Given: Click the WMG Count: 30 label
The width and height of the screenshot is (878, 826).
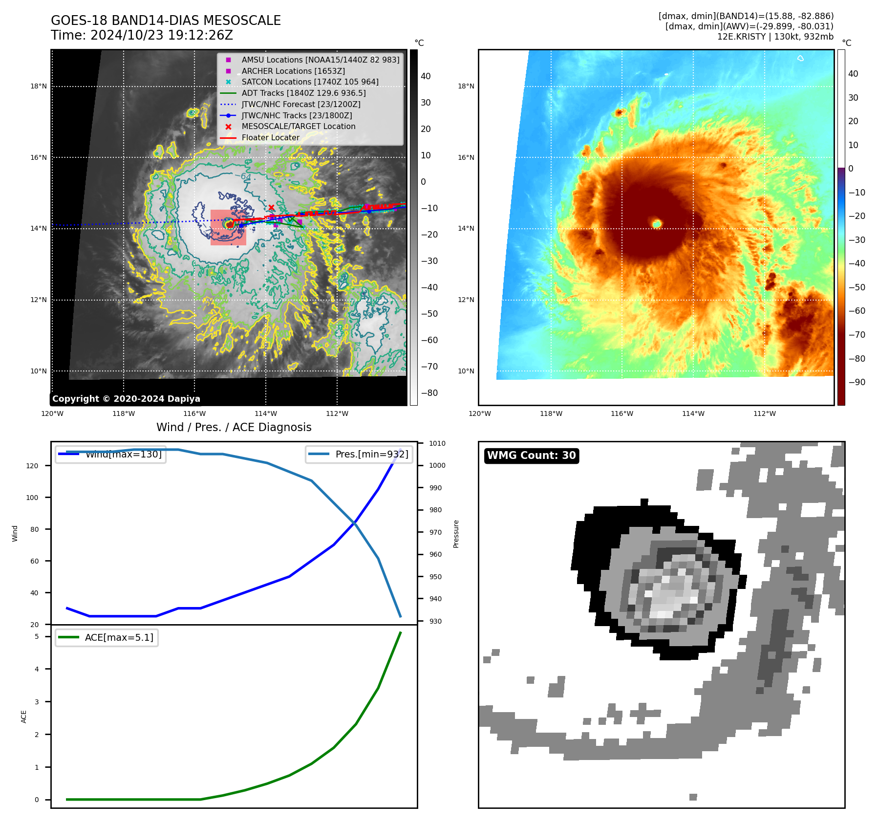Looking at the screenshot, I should tap(531, 456).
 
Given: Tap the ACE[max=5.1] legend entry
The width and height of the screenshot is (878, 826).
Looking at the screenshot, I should tap(119, 637).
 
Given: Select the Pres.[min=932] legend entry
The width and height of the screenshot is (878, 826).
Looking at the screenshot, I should tap(371, 454).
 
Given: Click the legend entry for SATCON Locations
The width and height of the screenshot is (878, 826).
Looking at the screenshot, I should tap(310, 82).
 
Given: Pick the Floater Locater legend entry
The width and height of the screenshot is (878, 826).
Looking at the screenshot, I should tap(270, 137).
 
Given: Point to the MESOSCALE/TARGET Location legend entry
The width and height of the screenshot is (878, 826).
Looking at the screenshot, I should tap(298, 126).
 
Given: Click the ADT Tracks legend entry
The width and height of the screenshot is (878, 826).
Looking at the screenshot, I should tap(303, 93).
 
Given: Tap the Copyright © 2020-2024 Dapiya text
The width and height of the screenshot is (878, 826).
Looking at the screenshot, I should tap(126, 399).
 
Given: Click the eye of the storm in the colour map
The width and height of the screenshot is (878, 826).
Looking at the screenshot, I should tap(657, 224).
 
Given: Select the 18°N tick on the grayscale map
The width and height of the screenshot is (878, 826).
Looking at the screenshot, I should tap(39, 87).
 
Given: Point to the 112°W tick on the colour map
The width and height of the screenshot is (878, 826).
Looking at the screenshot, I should tap(764, 413).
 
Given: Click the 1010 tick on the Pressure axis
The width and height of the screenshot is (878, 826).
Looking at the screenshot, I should tap(437, 443).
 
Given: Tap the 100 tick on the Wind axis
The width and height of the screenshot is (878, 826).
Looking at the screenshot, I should tap(32, 498).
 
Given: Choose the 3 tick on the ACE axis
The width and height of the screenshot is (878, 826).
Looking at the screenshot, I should tap(37, 702).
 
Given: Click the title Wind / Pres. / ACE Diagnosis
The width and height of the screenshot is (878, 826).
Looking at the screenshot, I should tap(234, 427).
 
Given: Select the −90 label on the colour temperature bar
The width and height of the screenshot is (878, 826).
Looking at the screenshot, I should tap(857, 382).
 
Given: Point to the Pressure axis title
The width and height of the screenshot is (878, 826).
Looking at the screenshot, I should tap(456, 534).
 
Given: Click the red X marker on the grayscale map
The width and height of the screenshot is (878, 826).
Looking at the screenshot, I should tap(271, 208).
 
